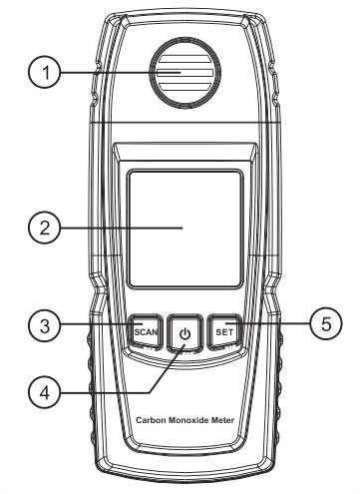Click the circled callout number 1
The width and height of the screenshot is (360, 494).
point(44,73)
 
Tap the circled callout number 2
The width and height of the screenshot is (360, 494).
point(44,228)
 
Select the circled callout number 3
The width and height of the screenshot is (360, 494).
point(44,325)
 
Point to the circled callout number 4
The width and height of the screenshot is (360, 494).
point(44,392)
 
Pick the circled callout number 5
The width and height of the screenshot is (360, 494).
point(326,323)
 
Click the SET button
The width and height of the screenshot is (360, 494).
point(224,332)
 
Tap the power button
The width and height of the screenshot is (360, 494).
point(184,332)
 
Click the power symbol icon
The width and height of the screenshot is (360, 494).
point(185,333)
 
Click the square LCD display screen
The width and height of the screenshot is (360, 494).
point(185,229)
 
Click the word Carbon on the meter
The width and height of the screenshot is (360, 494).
point(151,420)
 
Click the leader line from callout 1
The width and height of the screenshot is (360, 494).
point(120,72)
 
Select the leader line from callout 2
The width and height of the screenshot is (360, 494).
point(122,228)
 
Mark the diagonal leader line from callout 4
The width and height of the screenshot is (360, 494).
point(167,368)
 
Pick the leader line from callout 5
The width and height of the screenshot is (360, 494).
point(268,323)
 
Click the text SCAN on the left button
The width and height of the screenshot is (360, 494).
point(146,332)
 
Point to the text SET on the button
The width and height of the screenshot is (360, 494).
point(224,332)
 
